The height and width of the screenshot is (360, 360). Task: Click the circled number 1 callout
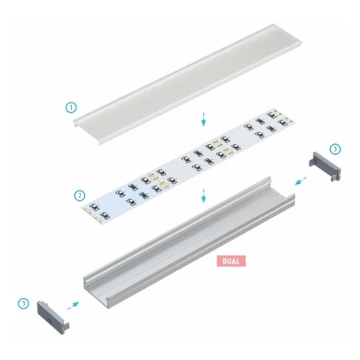click(x=71, y=107)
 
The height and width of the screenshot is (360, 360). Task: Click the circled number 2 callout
click(x=80, y=195)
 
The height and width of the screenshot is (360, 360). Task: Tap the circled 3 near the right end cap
click(x=335, y=149)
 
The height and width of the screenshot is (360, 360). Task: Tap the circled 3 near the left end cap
click(x=24, y=303)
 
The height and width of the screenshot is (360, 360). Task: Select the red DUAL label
click(x=231, y=261)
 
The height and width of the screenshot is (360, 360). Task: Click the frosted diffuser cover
click(x=188, y=84)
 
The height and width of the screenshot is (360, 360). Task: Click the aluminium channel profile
click(x=189, y=243)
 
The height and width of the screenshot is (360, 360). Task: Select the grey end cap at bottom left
click(x=53, y=317)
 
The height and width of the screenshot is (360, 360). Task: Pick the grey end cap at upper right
click(x=325, y=166)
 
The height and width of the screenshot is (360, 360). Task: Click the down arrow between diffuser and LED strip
click(x=204, y=119)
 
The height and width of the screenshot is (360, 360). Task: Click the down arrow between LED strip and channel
click(x=204, y=195)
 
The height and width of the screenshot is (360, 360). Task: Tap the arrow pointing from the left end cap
click(x=74, y=306)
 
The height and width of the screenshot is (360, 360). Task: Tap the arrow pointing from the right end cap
click(x=300, y=181)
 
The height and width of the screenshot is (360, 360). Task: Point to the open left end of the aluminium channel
click(x=97, y=293)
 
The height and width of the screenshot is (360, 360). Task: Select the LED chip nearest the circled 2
click(x=93, y=207)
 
